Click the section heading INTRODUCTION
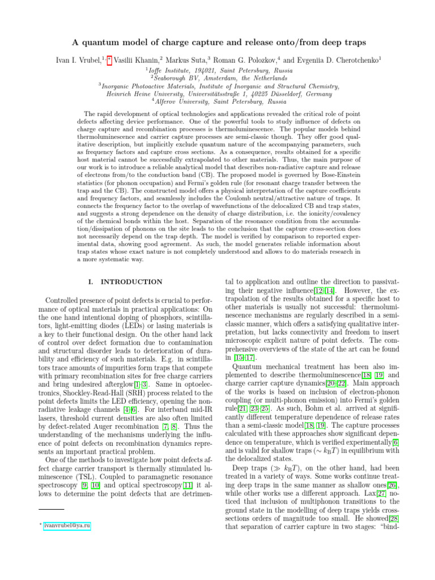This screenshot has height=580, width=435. click(131, 282)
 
